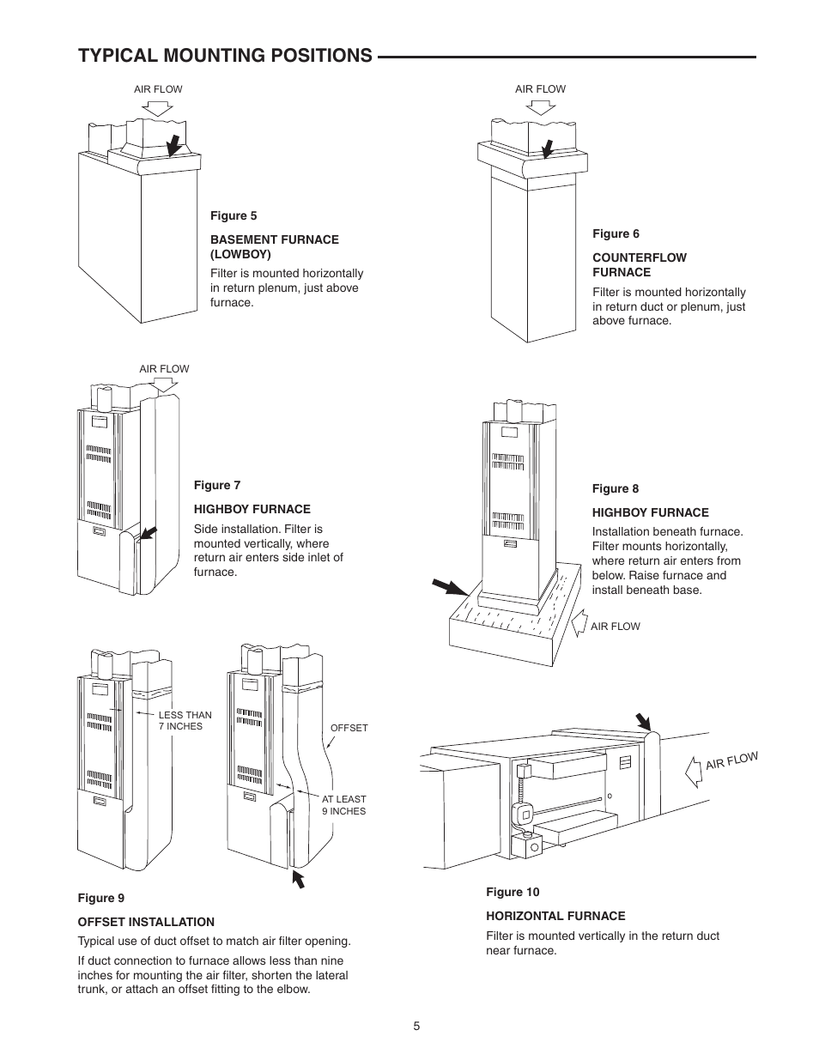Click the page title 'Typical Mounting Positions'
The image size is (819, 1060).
[x=225, y=56]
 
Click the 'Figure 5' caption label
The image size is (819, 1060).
[x=234, y=215]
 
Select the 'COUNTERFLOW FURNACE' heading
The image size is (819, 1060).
[x=639, y=264]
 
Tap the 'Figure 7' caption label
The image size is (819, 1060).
[x=217, y=485]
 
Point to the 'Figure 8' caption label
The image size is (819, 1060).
[x=616, y=488]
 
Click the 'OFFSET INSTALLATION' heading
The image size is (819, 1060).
[x=146, y=922]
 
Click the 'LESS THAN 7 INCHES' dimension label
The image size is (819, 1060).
[x=185, y=720]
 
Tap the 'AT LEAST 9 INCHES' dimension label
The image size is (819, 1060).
[x=343, y=805]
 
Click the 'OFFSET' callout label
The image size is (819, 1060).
[x=349, y=728]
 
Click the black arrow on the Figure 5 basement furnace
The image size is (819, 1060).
[x=175, y=144]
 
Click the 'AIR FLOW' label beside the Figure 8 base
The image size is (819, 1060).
[x=615, y=627]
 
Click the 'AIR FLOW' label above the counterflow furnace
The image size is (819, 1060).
[x=540, y=89]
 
